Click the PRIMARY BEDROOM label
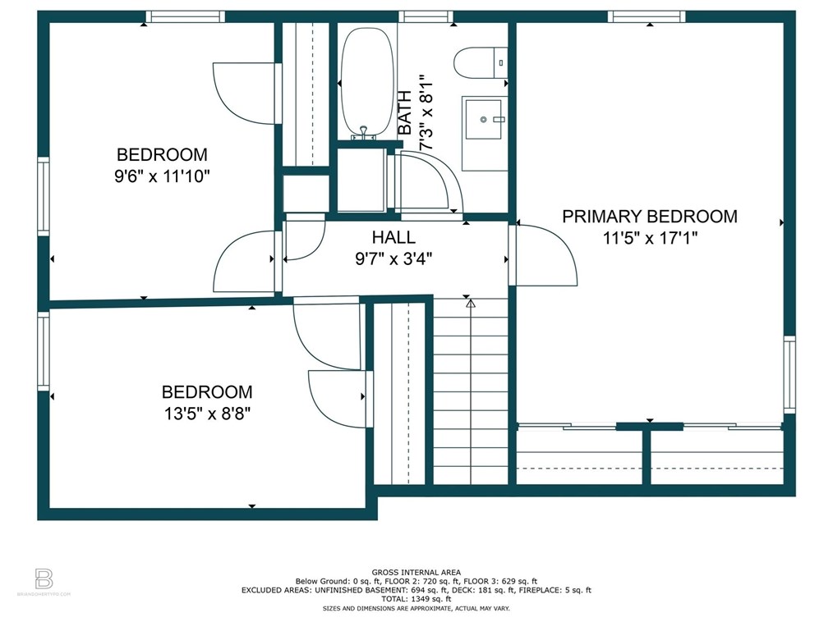pyautogui.click(x=650, y=217)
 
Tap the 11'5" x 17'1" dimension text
pyautogui.click(x=650, y=238)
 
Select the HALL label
pyautogui.click(x=393, y=237)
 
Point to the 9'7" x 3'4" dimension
pyautogui.click(x=393, y=259)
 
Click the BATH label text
pyautogui.click(x=405, y=112)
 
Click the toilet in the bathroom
pyautogui.click(x=481, y=63)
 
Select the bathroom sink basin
pyautogui.click(x=483, y=120)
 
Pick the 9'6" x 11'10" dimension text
pyautogui.click(x=162, y=176)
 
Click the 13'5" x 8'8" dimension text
pyautogui.click(x=207, y=414)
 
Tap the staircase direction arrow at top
pyautogui.click(x=470, y=304)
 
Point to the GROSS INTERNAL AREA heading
pyautogui.click(x=416, y=573)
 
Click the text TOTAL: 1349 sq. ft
pyautogui.click(x=416, y=599)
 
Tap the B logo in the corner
pyautogui.click(x=44, y=579)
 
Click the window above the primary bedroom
pyautogui.click(x=647, y=17)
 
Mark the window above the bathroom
pyautogui.click(x=426, y=17)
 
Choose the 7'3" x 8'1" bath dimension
pyautogui.click(x=426, y=112)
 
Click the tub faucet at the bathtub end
pyautogui.click(x=363, y=133)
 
